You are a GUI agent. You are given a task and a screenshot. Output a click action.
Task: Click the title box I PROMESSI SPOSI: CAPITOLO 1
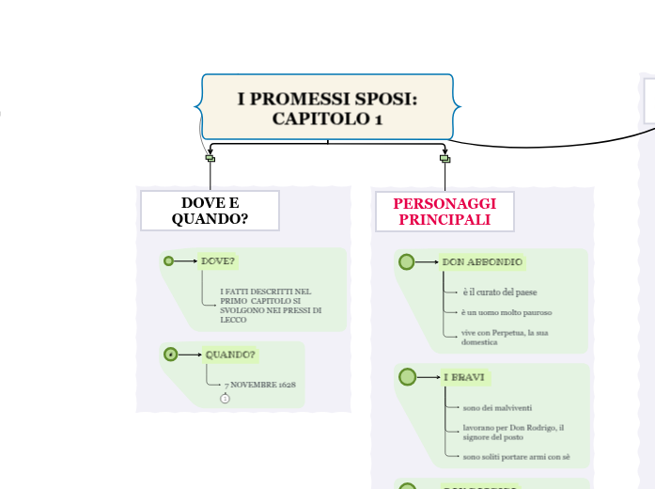(x=327, y=108)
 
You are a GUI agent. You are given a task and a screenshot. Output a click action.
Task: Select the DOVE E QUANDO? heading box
(x=210, y=211)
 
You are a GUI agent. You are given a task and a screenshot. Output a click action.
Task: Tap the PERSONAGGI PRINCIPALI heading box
(x=444, y=212)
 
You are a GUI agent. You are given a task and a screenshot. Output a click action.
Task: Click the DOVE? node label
(x=218, y=260)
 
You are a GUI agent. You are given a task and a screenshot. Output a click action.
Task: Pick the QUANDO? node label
(x=230, y=355)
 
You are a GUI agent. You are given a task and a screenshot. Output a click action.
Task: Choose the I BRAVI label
(x=464, y=377)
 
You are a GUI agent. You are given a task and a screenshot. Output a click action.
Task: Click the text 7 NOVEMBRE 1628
(x=260, y=386)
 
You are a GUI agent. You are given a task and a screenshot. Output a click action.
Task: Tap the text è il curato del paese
(x=500, y=292)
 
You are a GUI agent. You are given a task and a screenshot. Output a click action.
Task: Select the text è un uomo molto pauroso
(x=506, y=312)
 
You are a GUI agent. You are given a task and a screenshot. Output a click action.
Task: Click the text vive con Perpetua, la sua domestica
(x=506, y=338)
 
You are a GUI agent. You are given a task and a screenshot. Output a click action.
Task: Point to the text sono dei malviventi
(x=497, y=407)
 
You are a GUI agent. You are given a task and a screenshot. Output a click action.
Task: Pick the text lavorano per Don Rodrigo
(x=512, y=432)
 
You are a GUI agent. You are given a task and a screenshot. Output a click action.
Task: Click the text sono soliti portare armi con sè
(x=516, y=457)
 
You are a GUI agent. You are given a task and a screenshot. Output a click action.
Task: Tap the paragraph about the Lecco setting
(x=271, y=306)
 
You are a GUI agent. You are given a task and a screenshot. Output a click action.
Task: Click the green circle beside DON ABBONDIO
(x=406, y=261)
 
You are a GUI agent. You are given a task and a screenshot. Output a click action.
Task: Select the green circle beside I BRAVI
(x=407, y=377)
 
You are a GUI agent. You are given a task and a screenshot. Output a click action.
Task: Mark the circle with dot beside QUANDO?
(x=170, y=355)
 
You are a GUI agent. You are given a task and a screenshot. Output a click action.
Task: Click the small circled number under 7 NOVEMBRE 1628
(x=225, y=399)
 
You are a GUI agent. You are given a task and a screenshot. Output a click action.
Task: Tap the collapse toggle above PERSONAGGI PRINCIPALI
(x=444, y=158)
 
